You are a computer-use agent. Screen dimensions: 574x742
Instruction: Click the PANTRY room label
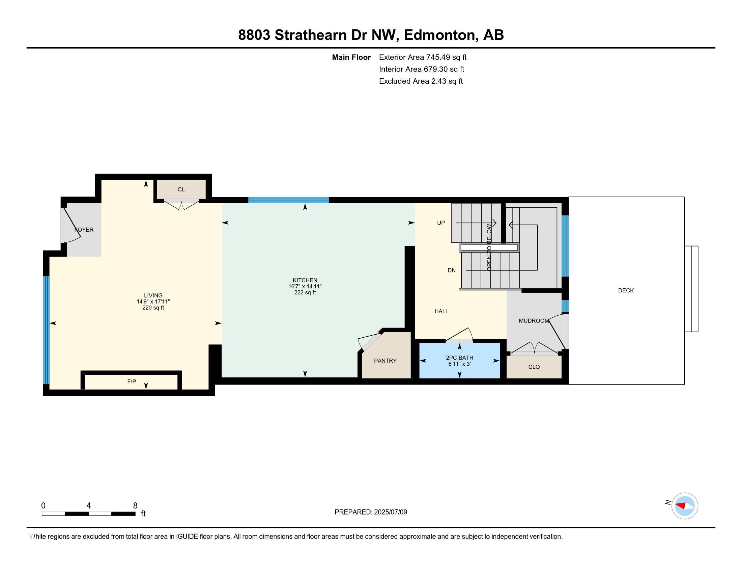click(385, 361)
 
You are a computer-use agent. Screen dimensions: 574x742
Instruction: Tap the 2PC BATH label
click(459, 358)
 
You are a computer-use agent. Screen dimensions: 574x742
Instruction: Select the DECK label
click(626, 290)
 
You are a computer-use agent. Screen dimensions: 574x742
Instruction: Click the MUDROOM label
click(534, 321)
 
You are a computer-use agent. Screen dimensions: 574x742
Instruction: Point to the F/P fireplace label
click(132, 382)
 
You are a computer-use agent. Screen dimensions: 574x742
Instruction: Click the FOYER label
click(84, 230)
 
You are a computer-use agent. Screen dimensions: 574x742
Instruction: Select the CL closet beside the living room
click(181, 189)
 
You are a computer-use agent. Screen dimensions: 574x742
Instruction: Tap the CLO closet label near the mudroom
click(534, 367)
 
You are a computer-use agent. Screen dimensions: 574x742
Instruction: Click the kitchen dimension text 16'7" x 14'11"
click(305, 287)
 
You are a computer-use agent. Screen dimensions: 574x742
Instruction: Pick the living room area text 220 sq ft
click(153, 308)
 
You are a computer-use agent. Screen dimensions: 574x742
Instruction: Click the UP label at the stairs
click(441, 223)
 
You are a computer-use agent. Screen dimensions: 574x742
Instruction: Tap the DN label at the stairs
click(452, 270)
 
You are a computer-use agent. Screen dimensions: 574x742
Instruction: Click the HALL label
click(441, 311)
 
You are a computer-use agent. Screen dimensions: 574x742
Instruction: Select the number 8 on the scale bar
click(135, 506)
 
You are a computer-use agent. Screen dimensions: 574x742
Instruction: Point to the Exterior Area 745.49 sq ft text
click(423, 57)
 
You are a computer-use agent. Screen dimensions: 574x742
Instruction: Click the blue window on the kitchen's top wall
click(288, 200)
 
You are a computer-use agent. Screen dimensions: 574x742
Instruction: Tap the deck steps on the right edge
click(691, 289)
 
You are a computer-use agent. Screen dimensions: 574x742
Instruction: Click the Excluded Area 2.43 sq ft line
click(421, 81)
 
